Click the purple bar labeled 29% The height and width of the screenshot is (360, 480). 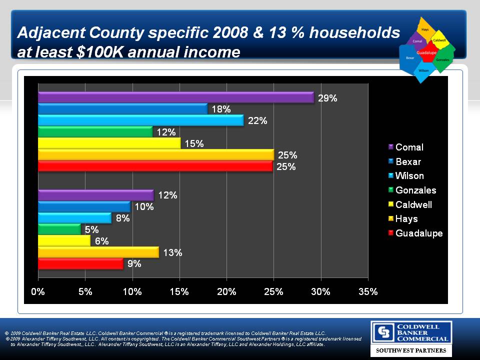175,97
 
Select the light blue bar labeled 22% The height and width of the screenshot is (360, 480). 140,120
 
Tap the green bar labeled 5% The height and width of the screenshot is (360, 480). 59,229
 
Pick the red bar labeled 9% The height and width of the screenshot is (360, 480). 80,264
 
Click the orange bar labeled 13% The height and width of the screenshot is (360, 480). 98,252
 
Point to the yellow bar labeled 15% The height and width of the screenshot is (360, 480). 109,143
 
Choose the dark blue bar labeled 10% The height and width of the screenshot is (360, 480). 84,206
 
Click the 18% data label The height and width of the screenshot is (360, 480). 220,109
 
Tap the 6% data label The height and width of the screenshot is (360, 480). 102,241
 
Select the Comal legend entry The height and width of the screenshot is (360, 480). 409,147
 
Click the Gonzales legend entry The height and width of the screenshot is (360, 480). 415,190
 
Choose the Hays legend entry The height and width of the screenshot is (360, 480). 406,219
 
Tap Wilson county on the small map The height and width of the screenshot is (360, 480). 423,70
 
